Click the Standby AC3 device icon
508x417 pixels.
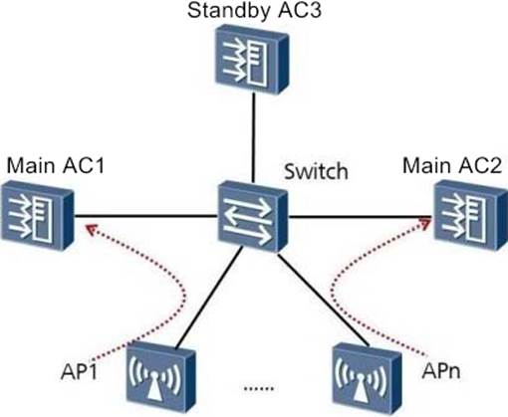(x=252, y=60)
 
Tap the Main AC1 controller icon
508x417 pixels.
(x=37, y=215)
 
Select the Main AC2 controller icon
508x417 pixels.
(x=471, y=215)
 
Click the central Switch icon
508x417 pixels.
(x=253, y=216)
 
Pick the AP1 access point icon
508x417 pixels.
(x=160, y=378)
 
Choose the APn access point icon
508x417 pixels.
(x=368, y=376)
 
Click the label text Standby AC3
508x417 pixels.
(x=254, y=11)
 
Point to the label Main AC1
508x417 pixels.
(x=56, y=165)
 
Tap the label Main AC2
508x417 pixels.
(x=452, y=165)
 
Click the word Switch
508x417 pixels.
(x=316, y=171)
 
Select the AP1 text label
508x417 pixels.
(x=79, y=371)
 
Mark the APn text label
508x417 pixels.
(x=441, y=370)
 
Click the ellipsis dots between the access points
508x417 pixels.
(x=259, y=388)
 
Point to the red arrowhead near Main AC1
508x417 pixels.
(x=91, y=229)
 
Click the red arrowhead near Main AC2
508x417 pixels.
(x=425, y=223)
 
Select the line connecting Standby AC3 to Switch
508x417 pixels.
(x=253, y=137)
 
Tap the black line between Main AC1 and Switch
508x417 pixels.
(x=145, y=216)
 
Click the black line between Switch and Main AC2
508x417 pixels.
(x=362, y=217)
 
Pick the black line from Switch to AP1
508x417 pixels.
(x=209, y=299)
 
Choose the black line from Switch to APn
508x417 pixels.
(x=324, y=301)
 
